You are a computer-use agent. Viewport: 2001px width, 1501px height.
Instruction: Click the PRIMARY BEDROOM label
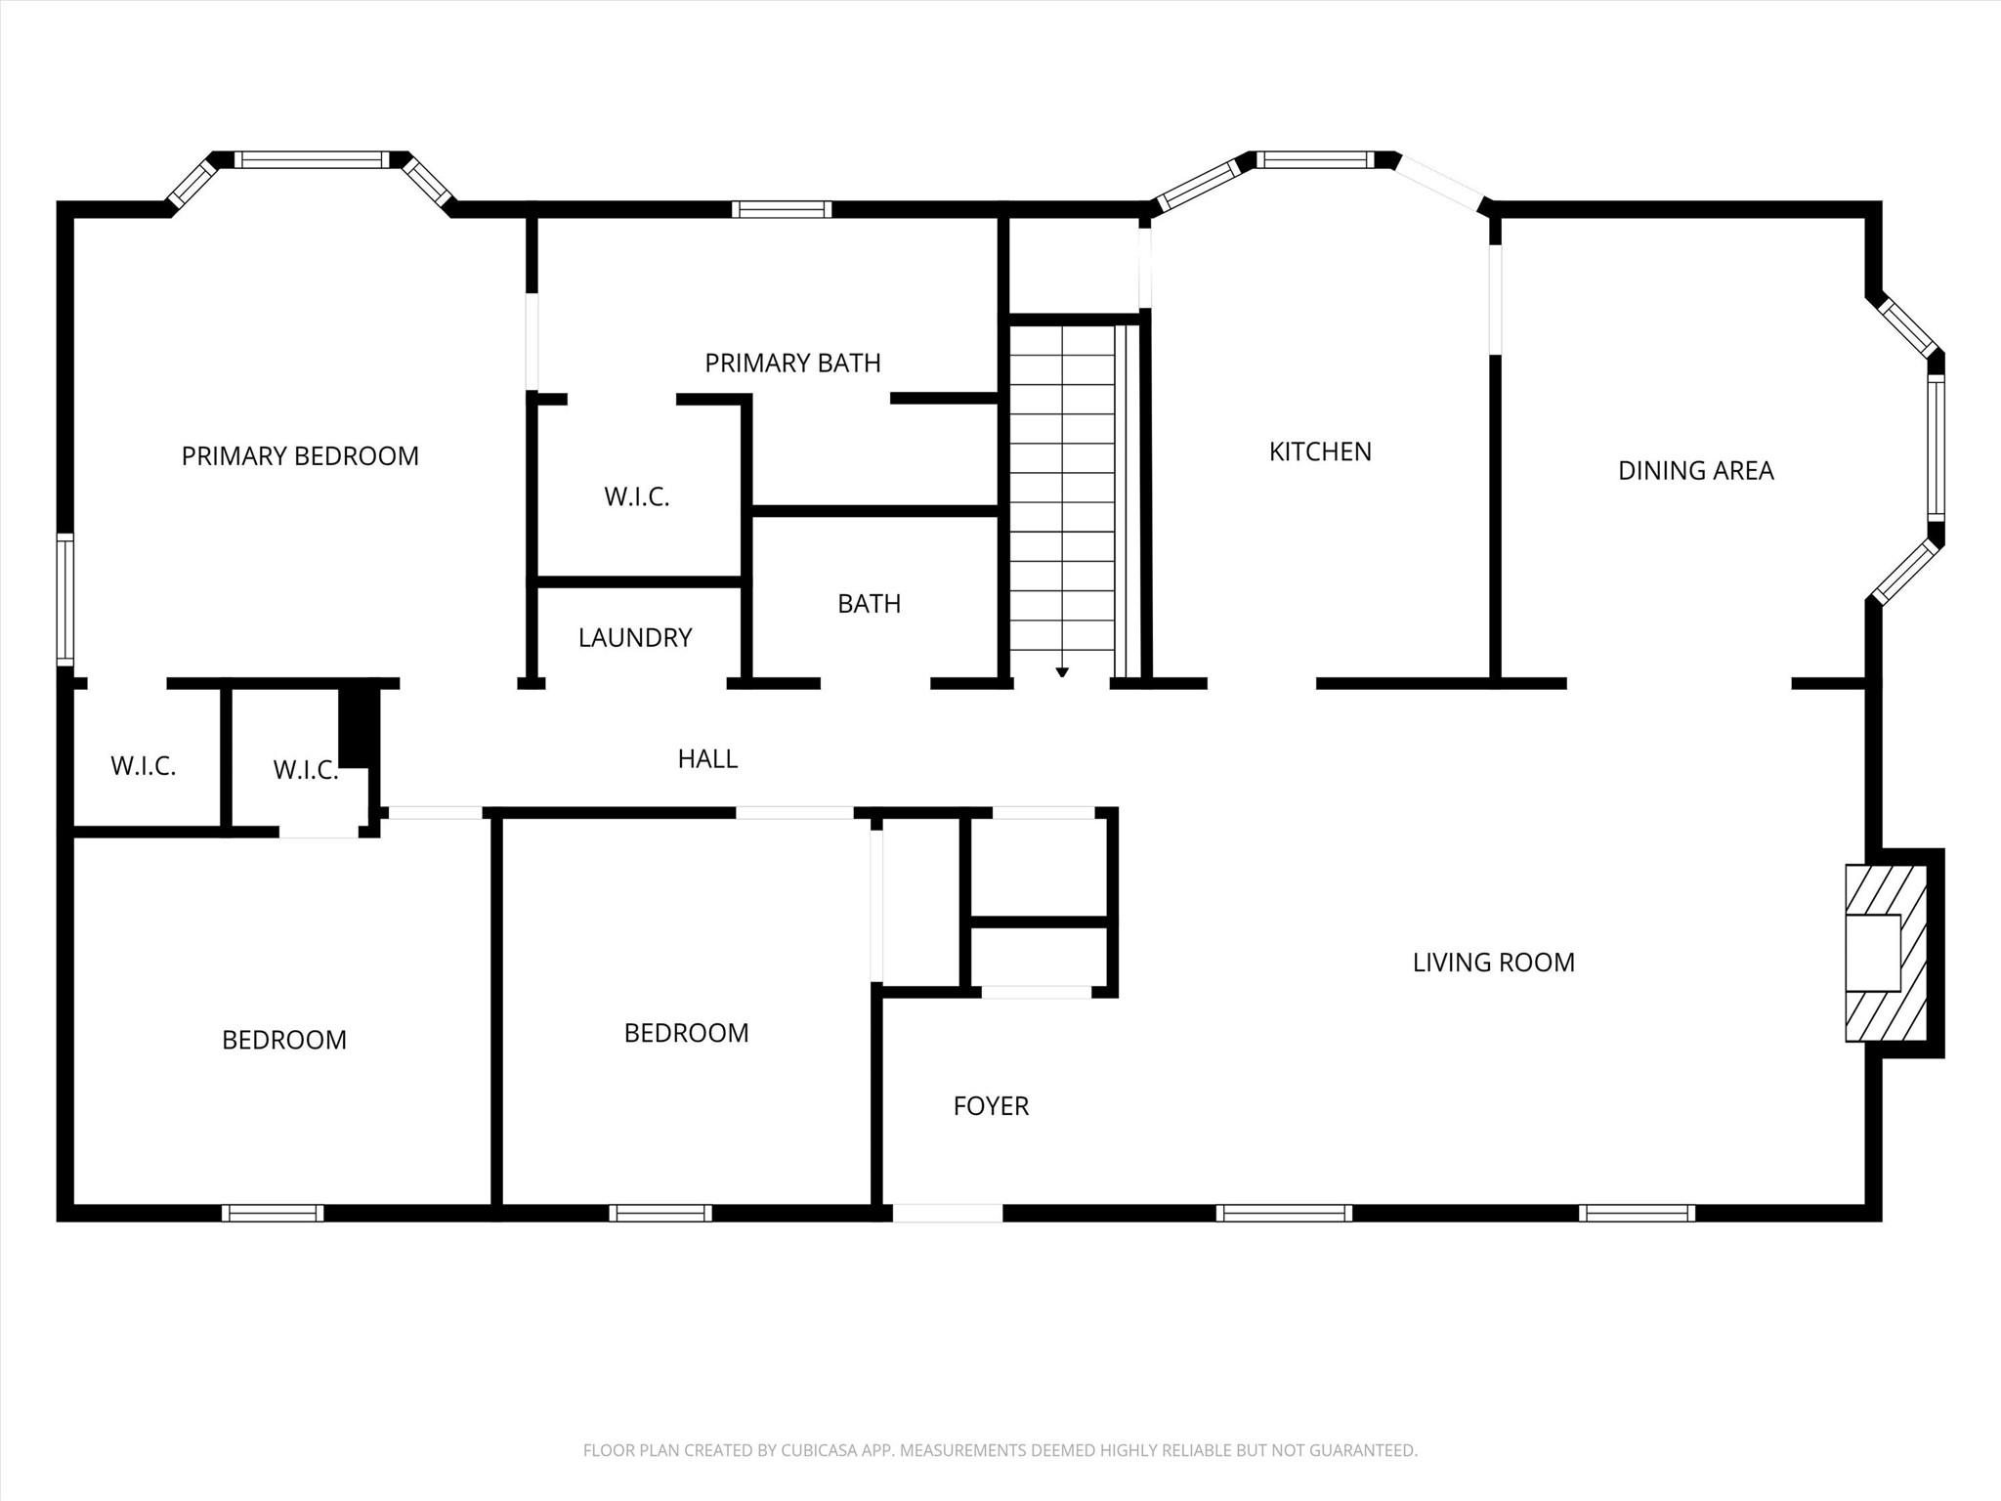click(x=300, y=456)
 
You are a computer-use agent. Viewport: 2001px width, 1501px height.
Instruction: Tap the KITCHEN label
click(x=1320, y=451)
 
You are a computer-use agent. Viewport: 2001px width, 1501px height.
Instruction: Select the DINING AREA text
click(x=1695, y=471)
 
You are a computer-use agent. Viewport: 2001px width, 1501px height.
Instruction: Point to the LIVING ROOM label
click(x=1493, y=963)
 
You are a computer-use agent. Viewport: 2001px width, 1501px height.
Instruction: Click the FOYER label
click(x=991, y=1106)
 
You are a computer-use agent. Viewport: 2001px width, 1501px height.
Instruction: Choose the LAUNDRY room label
click(x=635, y=638)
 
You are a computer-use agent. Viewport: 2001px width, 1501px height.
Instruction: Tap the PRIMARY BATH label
click(x=792, y=364)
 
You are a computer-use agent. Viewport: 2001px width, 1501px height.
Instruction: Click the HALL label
click(x=707, y=758)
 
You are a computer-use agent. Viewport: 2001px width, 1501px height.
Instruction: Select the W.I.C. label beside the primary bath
click(x=637, y=497)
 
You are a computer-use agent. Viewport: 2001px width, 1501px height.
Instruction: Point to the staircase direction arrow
click(x=1062, y=672)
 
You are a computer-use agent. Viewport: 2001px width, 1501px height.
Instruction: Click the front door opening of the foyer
click(x=947, y=1213)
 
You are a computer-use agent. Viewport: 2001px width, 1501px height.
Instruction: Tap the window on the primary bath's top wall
click(x=782, y=209)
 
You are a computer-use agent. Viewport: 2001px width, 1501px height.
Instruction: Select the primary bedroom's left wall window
click(x=64, y=599)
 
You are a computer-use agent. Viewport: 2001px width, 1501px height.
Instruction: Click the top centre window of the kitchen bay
click(x=1315, y=159)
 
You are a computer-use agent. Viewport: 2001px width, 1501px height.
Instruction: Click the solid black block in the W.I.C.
click(x=358, y=728)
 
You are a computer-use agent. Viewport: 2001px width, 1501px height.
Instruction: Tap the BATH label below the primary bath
click(x=869, y=604)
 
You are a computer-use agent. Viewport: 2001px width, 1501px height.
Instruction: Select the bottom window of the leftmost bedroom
click(x=273, y=1213)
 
